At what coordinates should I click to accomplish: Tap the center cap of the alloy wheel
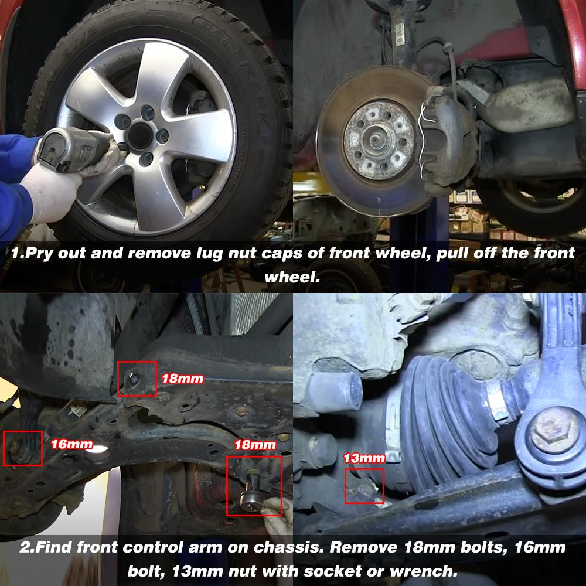coord(140,137)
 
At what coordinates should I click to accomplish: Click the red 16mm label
coord(71,444)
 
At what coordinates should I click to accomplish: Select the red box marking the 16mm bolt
coord(23,448)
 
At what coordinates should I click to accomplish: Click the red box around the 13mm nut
coord(364,486)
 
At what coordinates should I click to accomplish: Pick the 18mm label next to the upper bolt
coord(182,379)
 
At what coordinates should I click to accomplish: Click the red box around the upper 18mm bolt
coord(137,379)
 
